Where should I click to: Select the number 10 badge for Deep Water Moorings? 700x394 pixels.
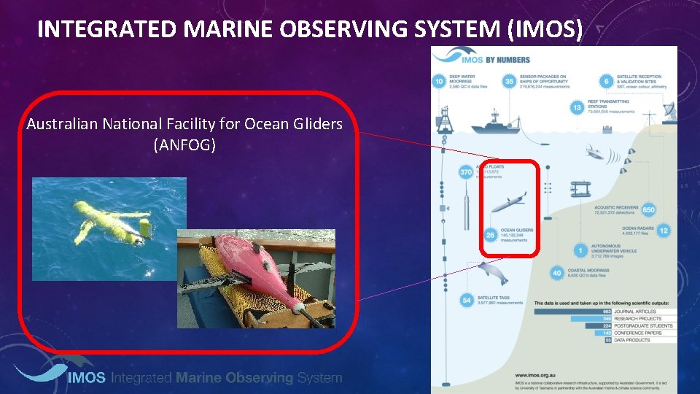440,81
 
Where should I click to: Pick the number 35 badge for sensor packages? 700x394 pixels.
510,81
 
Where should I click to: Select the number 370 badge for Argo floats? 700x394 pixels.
466,172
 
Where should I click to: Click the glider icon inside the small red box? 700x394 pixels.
509,202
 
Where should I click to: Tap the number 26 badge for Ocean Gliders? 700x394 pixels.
490,235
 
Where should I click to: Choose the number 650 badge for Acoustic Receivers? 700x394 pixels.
650,210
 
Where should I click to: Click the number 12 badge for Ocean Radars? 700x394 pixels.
663,231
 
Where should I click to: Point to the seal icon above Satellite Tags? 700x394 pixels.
491,274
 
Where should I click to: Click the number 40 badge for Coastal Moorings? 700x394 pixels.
557,274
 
